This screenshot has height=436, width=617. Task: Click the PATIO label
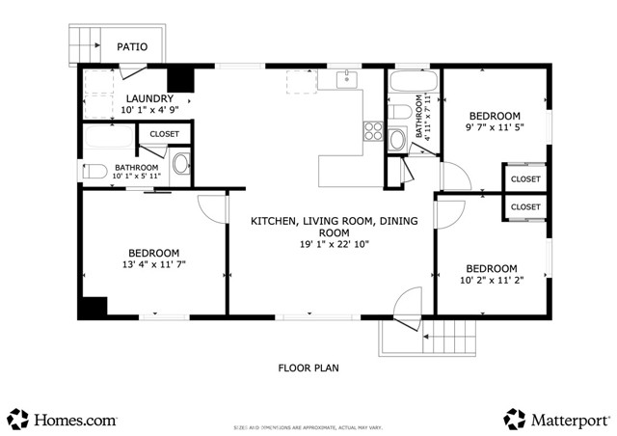point(132,46)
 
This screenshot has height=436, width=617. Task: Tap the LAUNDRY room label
point(149,98)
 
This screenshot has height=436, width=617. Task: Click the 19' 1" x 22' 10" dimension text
point(335,245)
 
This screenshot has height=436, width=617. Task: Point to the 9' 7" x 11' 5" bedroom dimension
point(495,127)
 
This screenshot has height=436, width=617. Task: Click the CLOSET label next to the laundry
point(164,134)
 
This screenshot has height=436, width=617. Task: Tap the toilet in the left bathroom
point(94,172)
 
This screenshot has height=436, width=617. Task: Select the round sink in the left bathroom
point(181,165)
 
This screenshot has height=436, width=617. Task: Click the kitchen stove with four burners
point(372,131)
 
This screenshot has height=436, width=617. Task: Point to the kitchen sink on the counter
point(347,79)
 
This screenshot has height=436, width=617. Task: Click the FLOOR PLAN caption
point(308,368)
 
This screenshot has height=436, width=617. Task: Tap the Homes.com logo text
point(75,420)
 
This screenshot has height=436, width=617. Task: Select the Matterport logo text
point(569,420)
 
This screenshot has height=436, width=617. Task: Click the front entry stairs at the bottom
point(450,337)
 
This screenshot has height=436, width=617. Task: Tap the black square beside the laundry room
point(180,80)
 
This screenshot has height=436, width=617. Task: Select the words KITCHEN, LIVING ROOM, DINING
point(335,221)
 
